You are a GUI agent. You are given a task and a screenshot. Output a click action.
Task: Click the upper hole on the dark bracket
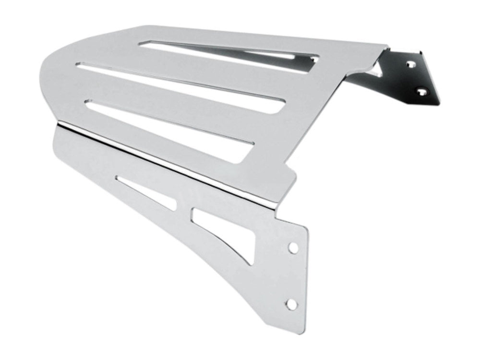pyautogui.click(x=411, y=62)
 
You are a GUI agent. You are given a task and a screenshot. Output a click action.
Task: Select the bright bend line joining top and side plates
pyautogui.click(x=168, y=158)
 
